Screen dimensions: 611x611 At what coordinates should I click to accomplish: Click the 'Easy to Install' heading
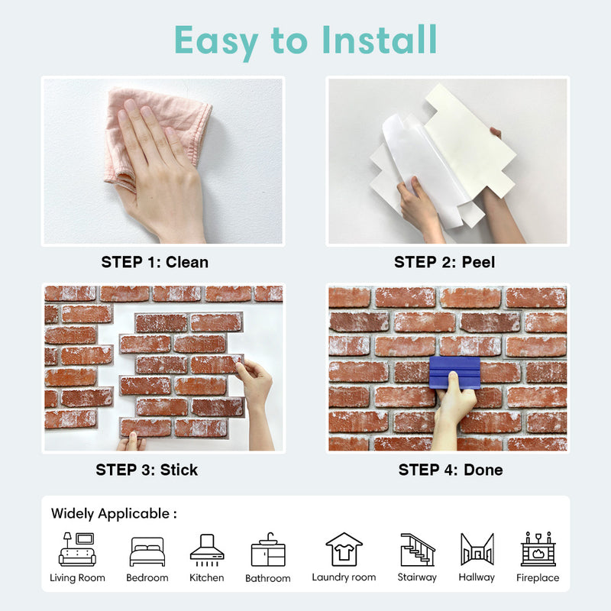305,40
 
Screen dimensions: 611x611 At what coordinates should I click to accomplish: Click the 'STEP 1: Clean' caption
155,262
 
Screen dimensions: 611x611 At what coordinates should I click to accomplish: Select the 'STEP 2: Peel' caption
445,262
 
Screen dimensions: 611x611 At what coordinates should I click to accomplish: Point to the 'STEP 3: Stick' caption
147,470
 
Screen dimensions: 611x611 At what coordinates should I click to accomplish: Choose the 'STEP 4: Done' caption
451,470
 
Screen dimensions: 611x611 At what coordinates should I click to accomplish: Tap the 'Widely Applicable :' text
114,513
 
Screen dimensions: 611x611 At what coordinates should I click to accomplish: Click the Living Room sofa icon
77,549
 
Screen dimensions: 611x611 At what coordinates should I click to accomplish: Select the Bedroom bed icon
147,551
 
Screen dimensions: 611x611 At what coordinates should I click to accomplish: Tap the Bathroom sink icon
267,551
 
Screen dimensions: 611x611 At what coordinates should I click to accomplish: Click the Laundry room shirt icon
344,549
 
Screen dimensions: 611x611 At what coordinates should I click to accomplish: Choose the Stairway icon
417,549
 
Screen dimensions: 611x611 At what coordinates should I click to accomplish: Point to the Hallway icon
477,549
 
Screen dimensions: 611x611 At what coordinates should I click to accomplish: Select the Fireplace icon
538,549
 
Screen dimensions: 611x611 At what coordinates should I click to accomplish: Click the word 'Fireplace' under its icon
538,578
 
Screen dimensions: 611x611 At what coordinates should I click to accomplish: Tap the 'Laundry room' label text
344,577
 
